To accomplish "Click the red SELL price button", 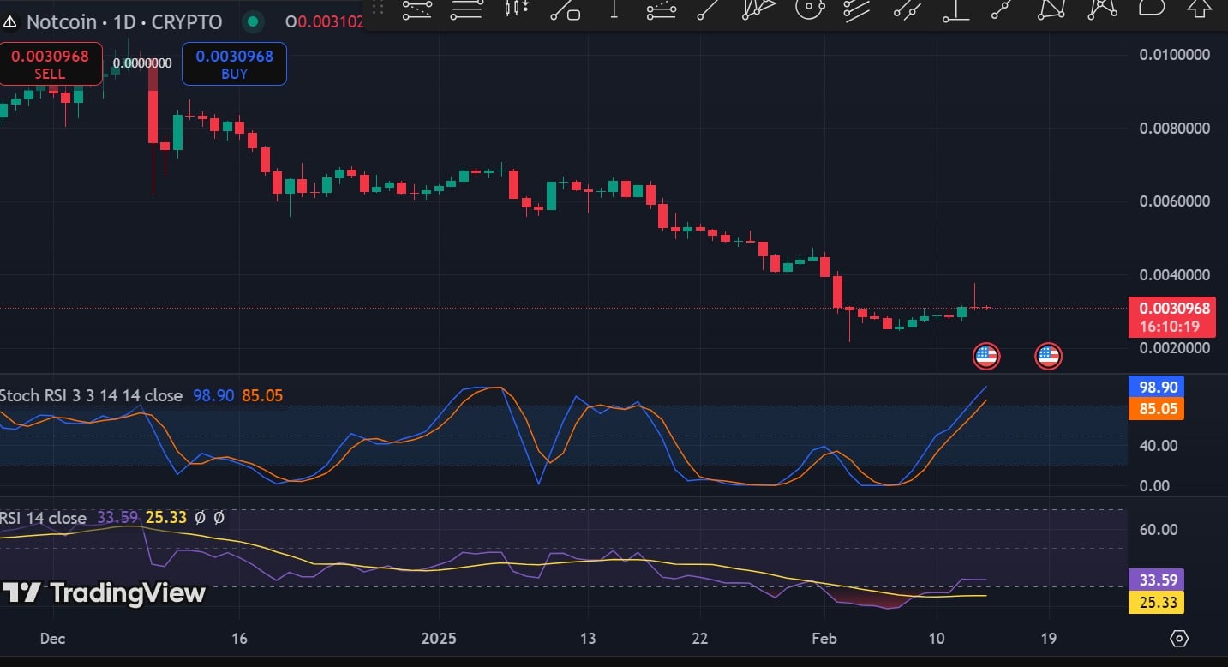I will click(50, 64).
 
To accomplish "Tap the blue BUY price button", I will click(234, 64).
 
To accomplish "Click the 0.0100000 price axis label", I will click(1173, 55).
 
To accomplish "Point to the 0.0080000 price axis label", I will click(1173, 129).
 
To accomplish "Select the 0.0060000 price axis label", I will click(1173, 201).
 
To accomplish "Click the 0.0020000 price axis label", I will click(1173, 348).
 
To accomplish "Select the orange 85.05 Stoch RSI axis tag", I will click(1156, 408).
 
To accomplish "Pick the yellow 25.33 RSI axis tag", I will click(1156, 603).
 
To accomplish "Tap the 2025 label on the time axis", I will click(439, 639).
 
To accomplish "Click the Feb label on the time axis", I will click(824, 639).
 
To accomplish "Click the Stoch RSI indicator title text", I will click(91, 395).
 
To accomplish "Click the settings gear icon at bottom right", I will click(1179, 639).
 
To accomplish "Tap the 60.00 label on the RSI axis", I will click(1158, 529).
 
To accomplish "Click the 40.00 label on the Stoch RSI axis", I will click(1158, 446).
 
